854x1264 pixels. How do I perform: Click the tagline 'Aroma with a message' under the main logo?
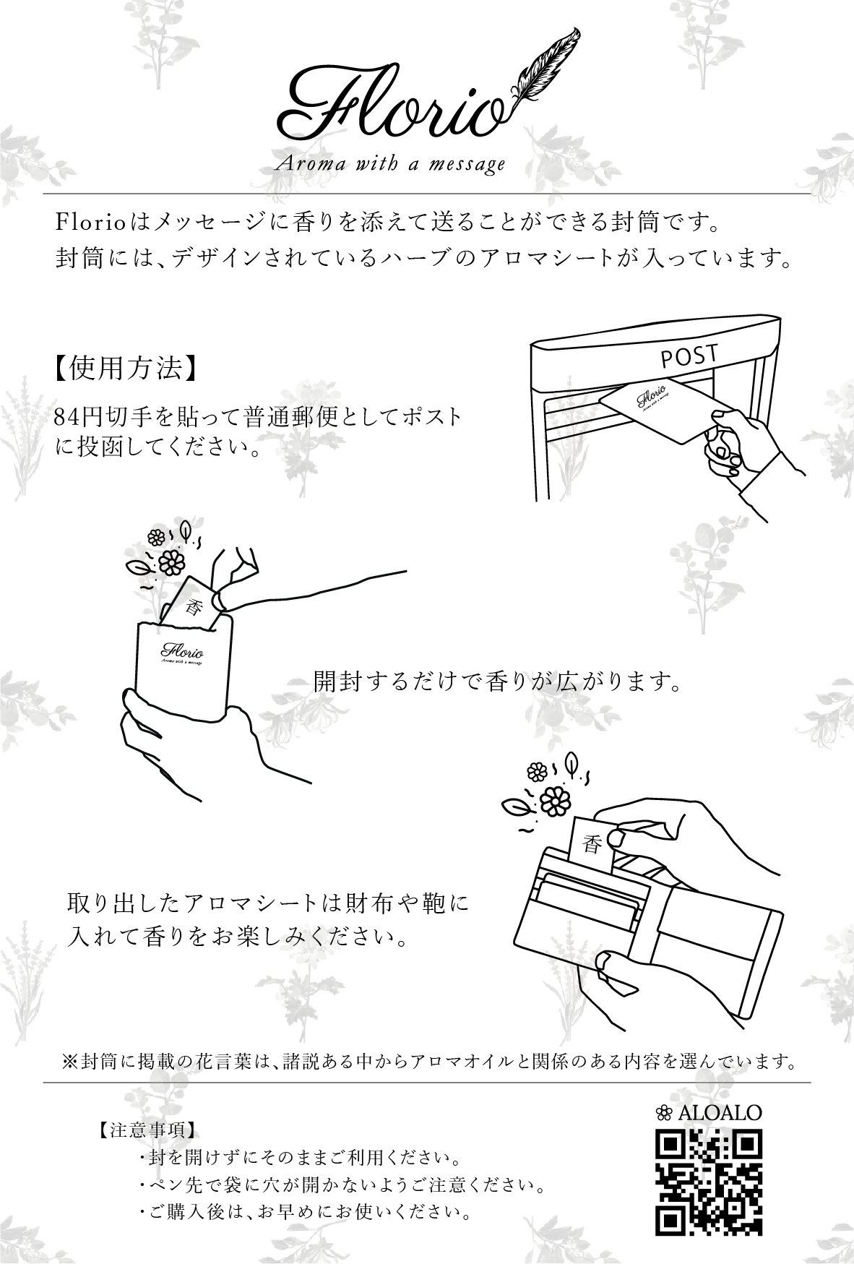(x=390, y=165)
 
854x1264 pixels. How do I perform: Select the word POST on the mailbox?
(x=689, y=356)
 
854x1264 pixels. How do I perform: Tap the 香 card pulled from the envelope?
(x=191, y=604)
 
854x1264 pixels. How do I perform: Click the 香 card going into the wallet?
(x=592, y=842)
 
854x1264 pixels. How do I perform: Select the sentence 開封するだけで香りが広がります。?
(x=498, y=681)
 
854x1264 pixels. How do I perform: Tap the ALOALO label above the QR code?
(x=709, y=1112)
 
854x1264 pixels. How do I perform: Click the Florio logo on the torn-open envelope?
(x=182, y=649)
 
